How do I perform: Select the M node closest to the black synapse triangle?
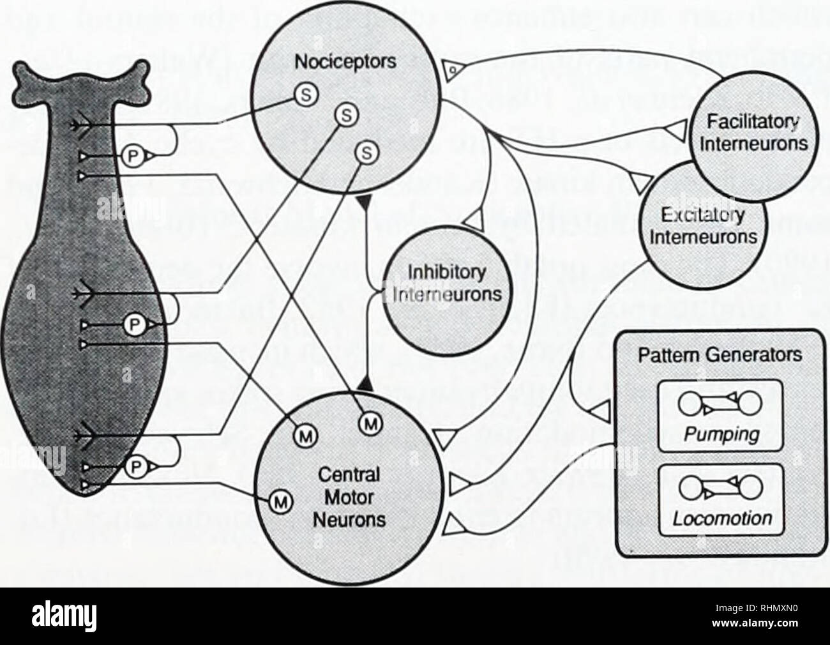coord(368,421)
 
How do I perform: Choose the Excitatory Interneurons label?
coord(701,227)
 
